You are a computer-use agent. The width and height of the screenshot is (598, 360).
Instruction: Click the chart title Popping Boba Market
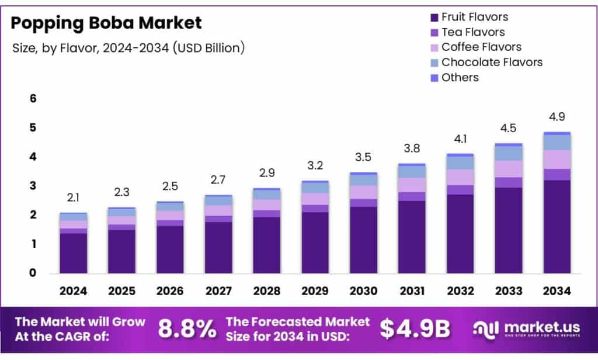[107, 23]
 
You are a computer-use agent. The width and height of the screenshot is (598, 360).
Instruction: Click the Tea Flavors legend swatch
[434, 33]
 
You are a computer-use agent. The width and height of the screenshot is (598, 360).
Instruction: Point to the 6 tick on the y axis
[33, 99]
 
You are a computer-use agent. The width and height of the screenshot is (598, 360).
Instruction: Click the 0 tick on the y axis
[33, 273]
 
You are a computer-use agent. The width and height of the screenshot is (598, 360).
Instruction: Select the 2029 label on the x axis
[315, 291]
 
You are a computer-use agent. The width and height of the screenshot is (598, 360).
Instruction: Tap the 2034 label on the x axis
[557, 291]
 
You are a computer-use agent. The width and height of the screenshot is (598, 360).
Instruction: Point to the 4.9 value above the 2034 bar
[557, 117]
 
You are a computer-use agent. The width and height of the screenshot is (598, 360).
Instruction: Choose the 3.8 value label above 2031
[412, 149]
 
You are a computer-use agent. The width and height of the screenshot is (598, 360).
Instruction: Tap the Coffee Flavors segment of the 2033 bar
[508, 169]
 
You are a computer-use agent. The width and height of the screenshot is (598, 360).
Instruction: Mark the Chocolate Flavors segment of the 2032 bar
[460, 162]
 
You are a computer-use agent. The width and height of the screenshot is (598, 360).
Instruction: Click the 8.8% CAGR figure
[187, 330]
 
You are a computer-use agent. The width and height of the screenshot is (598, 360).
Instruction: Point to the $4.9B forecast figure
[415, 330]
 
